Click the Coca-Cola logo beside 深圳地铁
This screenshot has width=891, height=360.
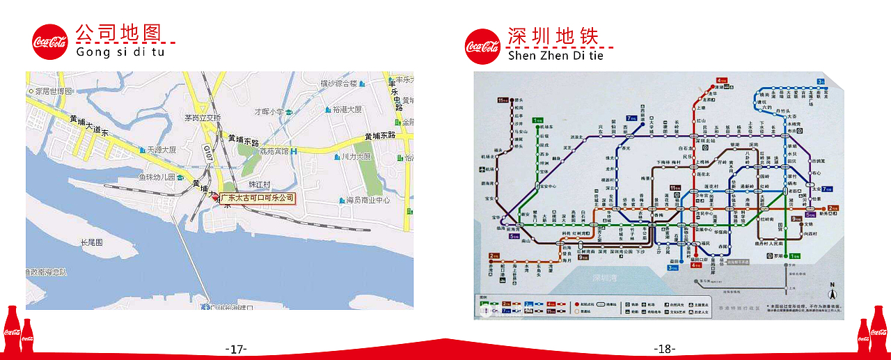(482, 47)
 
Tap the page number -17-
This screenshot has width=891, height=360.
(236, 349)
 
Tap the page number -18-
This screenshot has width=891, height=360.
(665, 349)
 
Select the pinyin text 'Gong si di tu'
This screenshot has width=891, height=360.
(120, 52)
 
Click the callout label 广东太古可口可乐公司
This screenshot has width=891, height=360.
(258, 198)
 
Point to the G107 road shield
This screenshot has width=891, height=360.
(207, 148)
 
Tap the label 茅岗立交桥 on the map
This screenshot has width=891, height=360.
(203, 118)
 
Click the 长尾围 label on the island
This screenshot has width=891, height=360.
(91, 242)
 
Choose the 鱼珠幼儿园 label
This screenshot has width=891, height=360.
(156, 176)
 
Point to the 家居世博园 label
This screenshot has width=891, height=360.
(53, 91)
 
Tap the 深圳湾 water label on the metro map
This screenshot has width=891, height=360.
(605, 278)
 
